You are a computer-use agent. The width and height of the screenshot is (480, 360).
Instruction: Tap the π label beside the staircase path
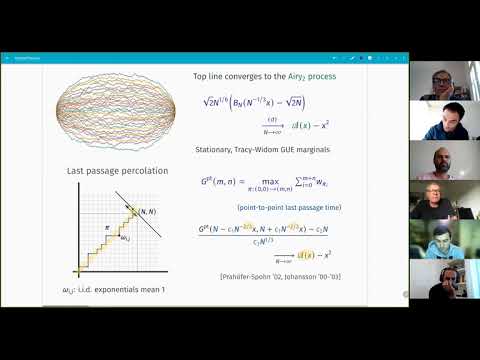[113, 227]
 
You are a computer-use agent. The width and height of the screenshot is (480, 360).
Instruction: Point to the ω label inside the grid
[124, 238]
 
